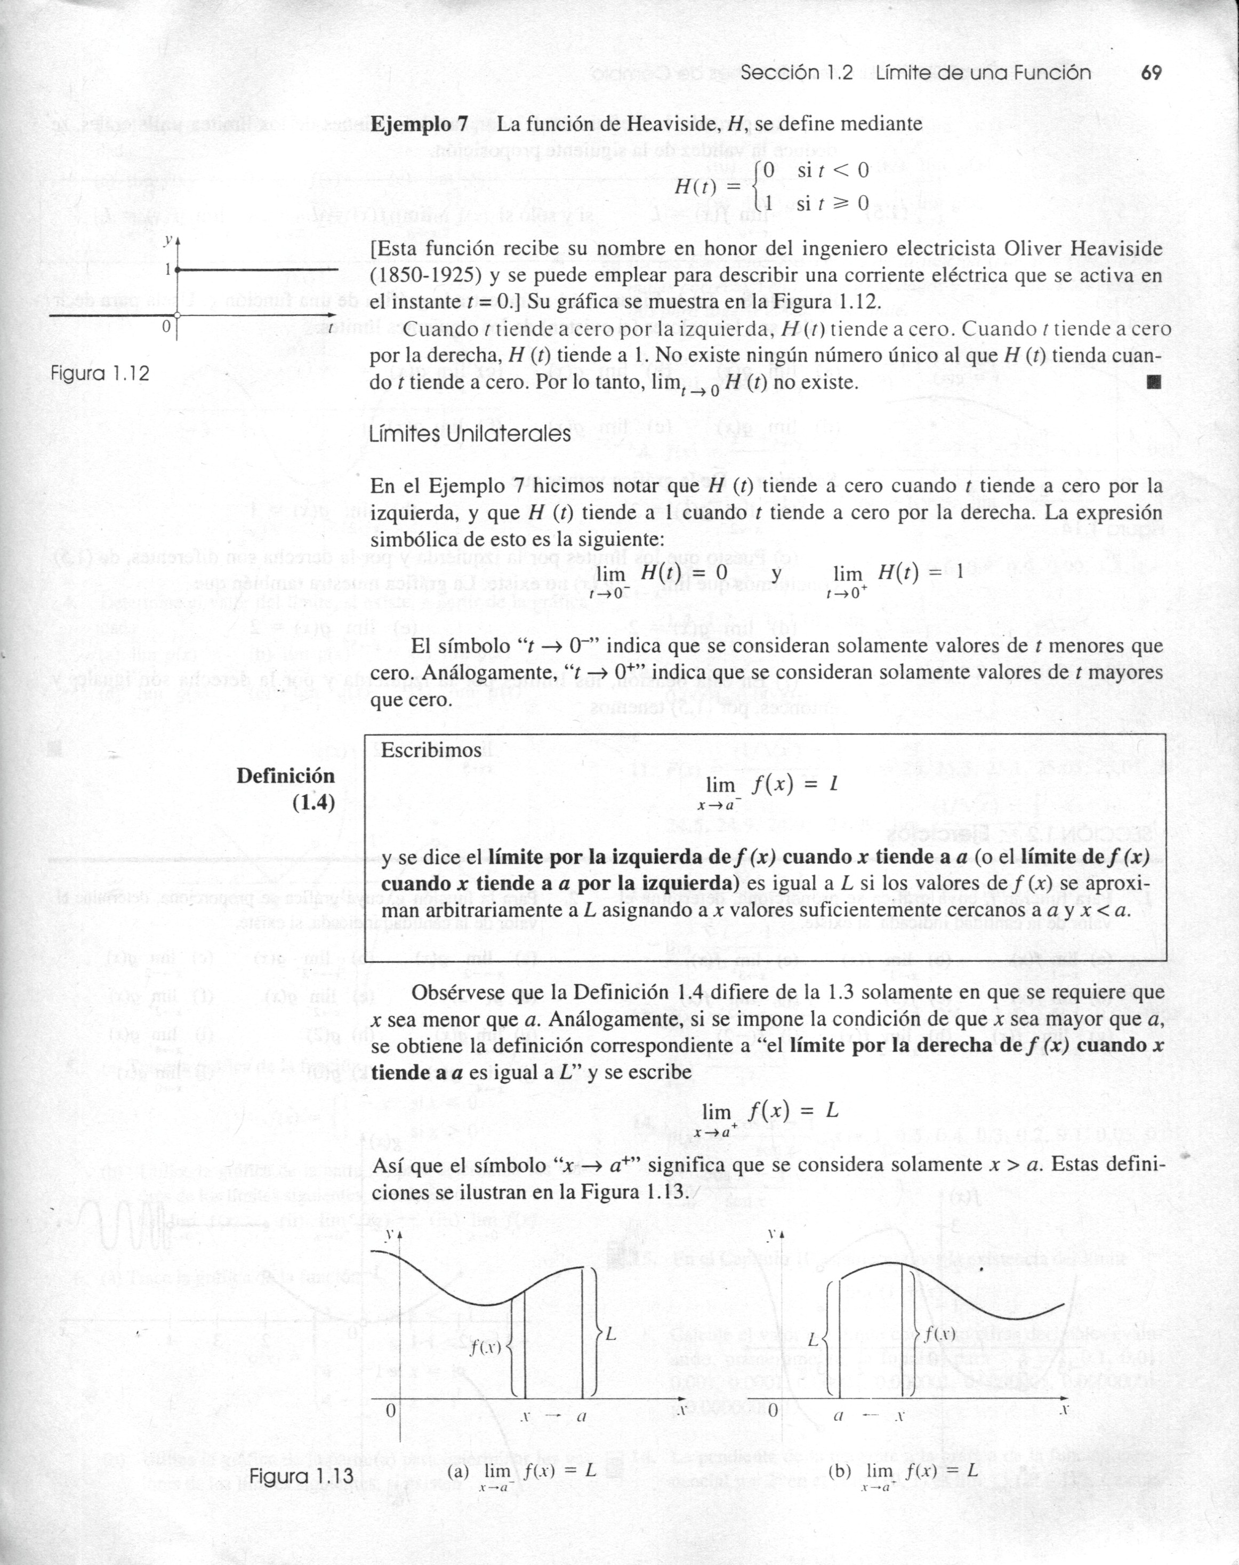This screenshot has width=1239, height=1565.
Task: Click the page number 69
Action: click(1151, 73)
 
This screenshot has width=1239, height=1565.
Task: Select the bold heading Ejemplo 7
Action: click(419, 123)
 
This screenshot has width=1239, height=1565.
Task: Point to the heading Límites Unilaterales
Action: click(470, 434)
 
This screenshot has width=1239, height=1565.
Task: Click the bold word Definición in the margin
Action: click(286, 776)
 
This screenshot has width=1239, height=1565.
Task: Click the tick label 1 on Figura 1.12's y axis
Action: click(167, 269)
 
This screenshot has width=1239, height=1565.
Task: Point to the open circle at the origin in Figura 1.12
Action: click(177, 316)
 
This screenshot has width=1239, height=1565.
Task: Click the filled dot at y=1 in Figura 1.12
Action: click(177, 269)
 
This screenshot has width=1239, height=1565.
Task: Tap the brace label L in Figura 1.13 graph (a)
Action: click(611, 1333)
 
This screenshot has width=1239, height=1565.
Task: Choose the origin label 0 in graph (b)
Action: click(773, 1410)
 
